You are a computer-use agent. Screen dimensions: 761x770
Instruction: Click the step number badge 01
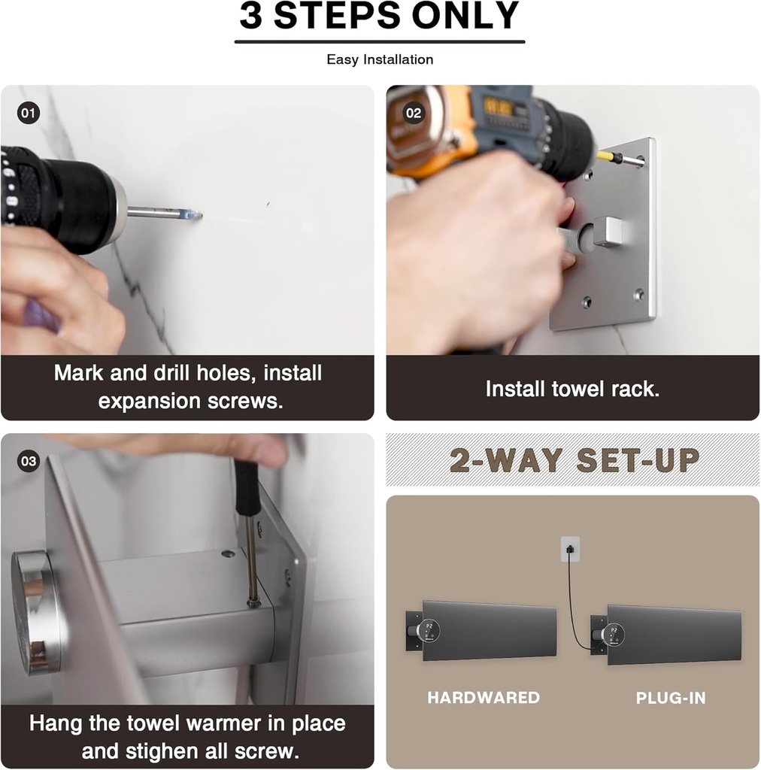pos(28,113)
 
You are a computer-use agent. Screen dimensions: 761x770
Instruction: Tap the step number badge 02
pos(414,113)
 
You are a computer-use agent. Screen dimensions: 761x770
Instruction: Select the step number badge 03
pos(28,461)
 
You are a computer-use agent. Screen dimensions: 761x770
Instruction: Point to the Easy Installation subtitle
pos(380,59)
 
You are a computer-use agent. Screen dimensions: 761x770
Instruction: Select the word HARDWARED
pos(484,697)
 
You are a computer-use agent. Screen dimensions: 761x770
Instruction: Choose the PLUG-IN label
pos(671,698)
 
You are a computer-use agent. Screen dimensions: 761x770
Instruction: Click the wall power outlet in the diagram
pos(570,548)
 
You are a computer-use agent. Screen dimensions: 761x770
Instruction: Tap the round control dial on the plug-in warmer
pos(613,635)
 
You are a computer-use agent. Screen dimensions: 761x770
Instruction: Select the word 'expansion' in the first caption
pos(149,402)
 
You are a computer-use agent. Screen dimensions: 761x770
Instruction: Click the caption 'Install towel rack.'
pos(572,389)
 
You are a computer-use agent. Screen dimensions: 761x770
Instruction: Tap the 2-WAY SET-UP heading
pos(575,460)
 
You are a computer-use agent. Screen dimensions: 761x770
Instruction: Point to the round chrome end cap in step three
pos(35,611)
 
